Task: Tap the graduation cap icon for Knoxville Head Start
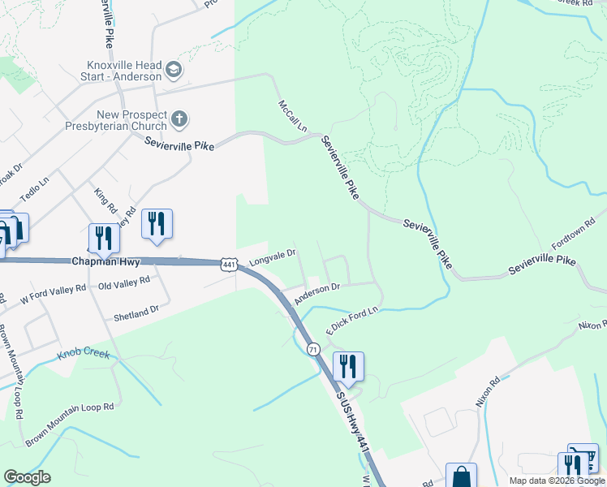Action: coord(173,71)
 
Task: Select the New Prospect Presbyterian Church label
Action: coord(131,120)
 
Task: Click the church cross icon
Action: coord(179,121)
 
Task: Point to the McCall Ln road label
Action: coord(293,117)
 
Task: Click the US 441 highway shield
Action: coord(228,265)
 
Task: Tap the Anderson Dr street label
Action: coord(316,294)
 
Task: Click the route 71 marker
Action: coord(312,348)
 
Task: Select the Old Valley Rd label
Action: coord(124,282)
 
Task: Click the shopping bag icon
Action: coord(461,475)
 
